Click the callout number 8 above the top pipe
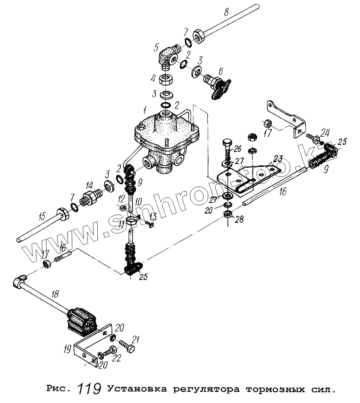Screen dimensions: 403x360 [x=226, y=12]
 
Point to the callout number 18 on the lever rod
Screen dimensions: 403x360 [x=55, y=293]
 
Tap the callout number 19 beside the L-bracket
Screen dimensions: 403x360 [x=68, y=349]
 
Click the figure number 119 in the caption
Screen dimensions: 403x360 [x=89, y=389]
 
